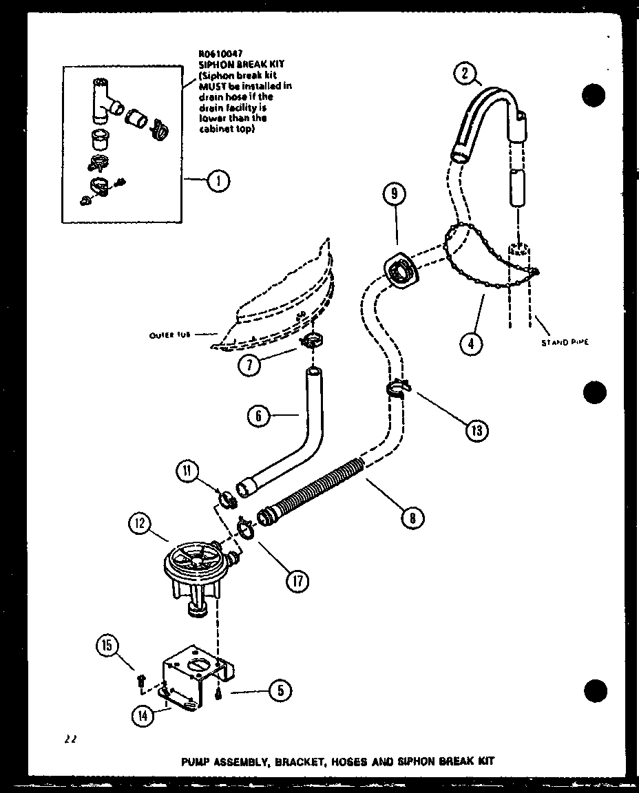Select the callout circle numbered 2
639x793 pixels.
point(465,72)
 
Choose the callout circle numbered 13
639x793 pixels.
point(476,432)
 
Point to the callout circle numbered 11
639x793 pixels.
point(187,472)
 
